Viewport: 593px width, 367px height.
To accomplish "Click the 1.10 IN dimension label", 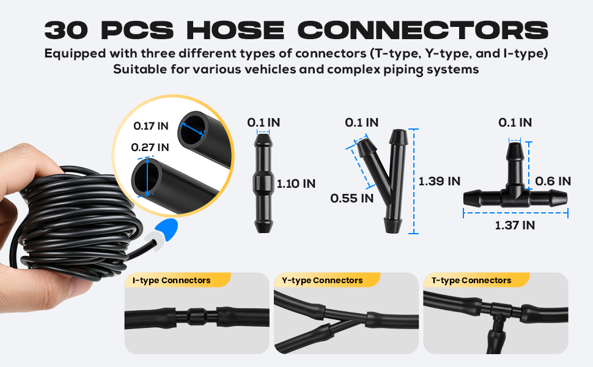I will (x=296, y=183).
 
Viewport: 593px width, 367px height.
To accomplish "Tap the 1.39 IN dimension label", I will (x=439, y=181).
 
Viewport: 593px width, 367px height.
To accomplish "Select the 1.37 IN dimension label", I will (x=515, y=225).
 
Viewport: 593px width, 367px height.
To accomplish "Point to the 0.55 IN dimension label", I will (x=352, y=198).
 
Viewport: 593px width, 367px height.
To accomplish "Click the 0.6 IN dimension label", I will (x=553, y=181).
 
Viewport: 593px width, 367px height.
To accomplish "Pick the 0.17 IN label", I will (x=151, y=126).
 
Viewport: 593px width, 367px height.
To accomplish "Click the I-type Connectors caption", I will (x=171, y=281).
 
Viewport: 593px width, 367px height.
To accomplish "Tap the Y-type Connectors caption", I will (x=322, y=281).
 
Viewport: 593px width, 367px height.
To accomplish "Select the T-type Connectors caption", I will (x=471, y=281).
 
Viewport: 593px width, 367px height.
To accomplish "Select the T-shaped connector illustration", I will (x=515, y=183).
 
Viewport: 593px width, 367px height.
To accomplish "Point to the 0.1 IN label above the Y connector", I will (x=361, y=122).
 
